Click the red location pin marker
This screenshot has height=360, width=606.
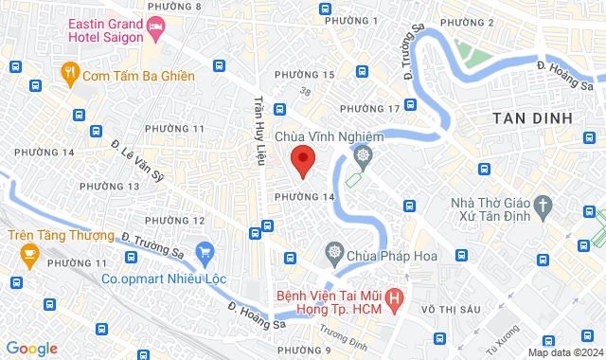pos(302,160)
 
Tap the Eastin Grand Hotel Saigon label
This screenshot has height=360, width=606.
pos(106,29)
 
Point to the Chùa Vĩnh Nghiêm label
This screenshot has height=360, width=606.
pos(329,136)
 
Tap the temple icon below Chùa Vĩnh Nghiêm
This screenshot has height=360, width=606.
pos(363,155)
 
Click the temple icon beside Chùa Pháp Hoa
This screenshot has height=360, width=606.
pos(332,252)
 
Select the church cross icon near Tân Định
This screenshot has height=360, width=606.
pos(543,204)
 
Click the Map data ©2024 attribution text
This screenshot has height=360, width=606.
pos(563,352)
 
